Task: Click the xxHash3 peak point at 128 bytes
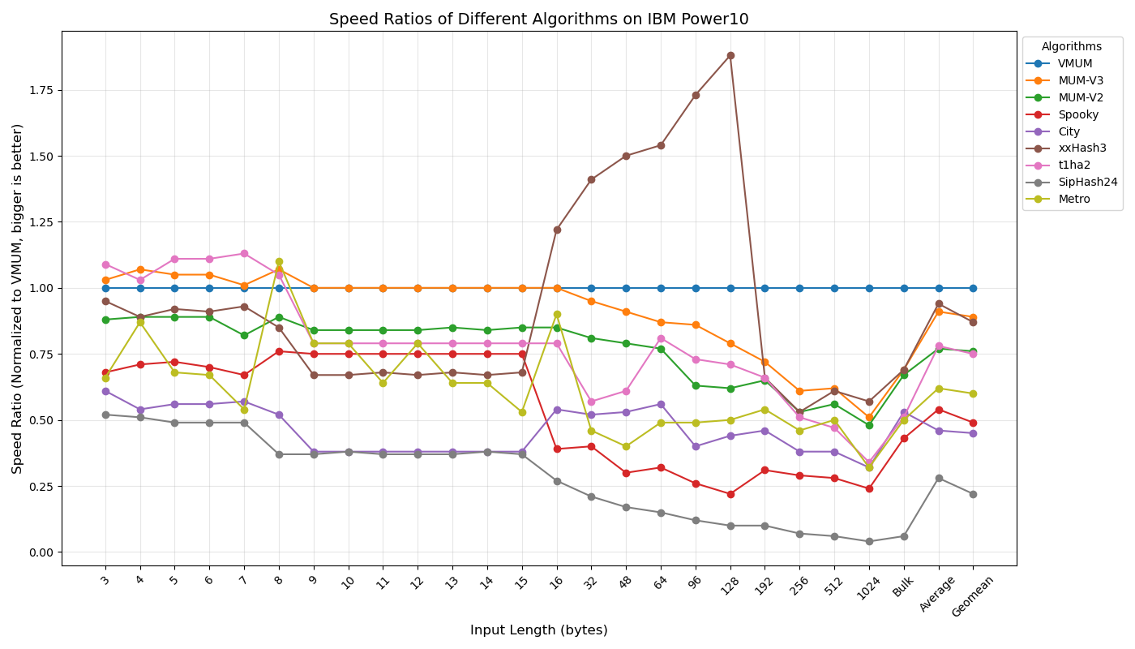pos(730,56)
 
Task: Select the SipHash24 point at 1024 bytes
pos(869,541)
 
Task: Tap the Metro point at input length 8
pos(279,262)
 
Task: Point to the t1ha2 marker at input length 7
pos(244,254)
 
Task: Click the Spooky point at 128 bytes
pos(730,494)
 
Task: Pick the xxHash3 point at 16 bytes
pos(557,230)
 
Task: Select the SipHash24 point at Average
pos(939,478)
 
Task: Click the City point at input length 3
pos(105,391)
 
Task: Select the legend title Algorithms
pos(1071,47)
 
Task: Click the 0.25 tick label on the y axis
pos(41,486)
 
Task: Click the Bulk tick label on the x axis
pos(903,587)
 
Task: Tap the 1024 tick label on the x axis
pos(867,589)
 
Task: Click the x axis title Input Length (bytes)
pos(538,630)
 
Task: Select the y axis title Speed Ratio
pos(18,299)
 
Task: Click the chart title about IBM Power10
pos(538,19)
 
